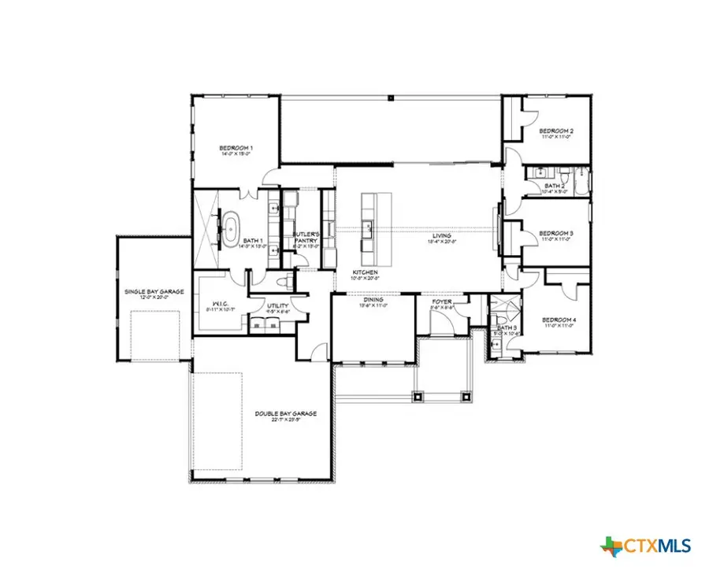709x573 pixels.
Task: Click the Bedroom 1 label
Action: [x=236, y=148]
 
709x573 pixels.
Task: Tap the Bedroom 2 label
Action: [x=556, y=131]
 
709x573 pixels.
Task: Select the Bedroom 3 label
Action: [x=556, y=233]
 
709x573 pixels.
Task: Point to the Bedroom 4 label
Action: [x=559, y=320]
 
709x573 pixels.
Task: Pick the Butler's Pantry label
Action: [x=305, y=237]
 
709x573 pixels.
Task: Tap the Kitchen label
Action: [x=366, y=272]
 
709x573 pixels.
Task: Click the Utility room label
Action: [x=277, y=305]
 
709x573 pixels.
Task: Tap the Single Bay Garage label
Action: [x=154, y=291]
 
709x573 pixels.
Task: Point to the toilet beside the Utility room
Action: [x=288, y=281]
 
